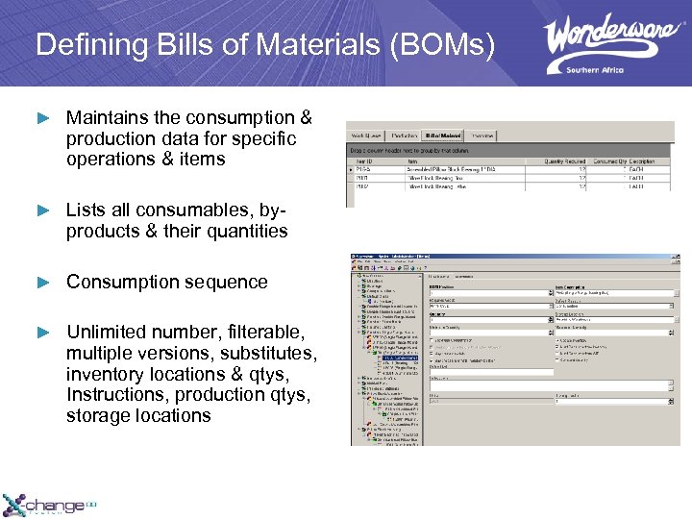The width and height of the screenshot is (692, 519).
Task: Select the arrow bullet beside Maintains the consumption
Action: point(41,118)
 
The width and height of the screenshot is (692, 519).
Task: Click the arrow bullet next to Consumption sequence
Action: point(41,283)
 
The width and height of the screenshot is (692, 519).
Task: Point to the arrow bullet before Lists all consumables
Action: point(41,210)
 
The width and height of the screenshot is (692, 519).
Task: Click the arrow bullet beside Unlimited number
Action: point(41,333)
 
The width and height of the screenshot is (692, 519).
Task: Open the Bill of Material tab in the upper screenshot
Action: point(443,136)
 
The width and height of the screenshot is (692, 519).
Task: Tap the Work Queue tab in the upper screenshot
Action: point(366,136)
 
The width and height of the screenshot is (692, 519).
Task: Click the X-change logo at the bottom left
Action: point(48,505)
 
